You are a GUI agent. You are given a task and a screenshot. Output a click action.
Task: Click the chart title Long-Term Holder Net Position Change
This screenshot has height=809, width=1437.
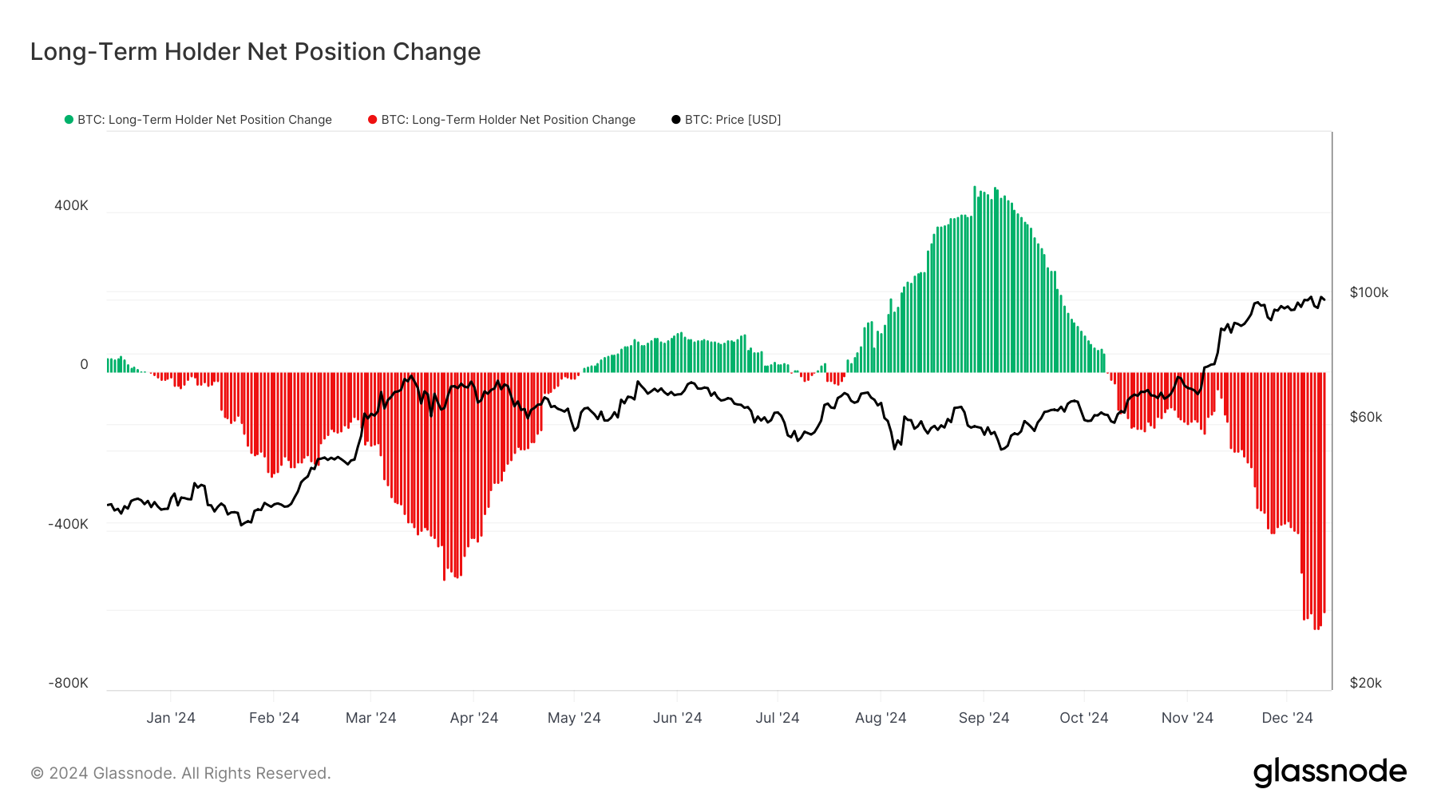coord(255,52)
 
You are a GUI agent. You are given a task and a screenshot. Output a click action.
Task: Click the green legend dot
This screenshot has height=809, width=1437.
coord(69,120)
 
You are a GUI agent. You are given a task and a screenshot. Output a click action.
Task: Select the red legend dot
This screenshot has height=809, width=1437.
coord(372,120)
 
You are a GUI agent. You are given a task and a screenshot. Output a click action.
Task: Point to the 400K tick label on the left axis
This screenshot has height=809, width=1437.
coord(71,205)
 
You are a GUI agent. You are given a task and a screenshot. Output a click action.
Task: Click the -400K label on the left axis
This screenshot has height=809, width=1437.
coord(68,524)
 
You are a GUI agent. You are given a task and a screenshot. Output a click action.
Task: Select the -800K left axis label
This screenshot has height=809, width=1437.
coord(68,683)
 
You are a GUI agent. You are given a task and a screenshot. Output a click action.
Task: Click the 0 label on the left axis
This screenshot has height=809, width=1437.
coord(84,364)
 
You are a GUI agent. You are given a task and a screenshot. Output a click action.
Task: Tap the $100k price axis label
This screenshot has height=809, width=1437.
coord(1368,292)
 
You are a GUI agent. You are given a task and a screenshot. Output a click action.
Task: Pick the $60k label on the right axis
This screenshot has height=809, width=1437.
coord(1365,417)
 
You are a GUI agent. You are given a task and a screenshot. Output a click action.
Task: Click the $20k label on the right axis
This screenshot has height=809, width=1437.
coord(1365,683)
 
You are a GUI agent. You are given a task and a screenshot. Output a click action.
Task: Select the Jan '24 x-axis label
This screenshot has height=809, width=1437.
coord(171,718)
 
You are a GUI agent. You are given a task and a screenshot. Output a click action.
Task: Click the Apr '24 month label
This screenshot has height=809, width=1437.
coord(473,718)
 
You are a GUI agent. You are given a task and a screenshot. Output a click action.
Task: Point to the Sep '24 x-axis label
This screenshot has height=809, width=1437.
coord(984,718)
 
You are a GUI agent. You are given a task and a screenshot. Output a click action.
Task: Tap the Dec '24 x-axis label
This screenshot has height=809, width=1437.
coord(1287,718)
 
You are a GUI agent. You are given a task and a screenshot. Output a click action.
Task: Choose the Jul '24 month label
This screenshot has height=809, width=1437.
coord(777,718)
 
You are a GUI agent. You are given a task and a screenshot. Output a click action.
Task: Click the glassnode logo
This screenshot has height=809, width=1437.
coord(1329,772)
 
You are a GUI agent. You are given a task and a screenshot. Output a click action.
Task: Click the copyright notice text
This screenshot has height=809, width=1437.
coord(180,773)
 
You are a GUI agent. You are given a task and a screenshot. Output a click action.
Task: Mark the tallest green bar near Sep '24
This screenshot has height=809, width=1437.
coord(975,280)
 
